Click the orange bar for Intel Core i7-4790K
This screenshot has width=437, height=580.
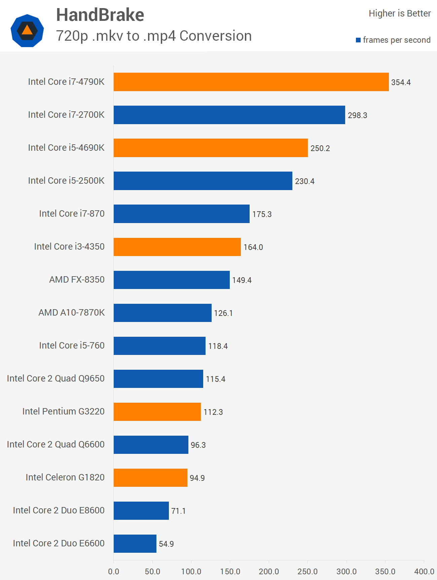pos(251,82)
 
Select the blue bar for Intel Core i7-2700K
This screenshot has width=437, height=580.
pos(229,115)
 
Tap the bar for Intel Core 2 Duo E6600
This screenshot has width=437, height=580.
pos(135,544)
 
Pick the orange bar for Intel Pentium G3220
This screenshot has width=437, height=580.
pos(157,412)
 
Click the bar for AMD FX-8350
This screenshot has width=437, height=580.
pos(172,280)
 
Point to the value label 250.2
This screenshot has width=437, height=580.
pos(320,148)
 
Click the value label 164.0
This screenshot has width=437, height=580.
pos(253,247)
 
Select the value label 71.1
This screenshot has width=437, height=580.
pos(178,511)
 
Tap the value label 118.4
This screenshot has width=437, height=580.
pos(218,346)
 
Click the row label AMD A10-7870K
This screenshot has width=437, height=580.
pos(72,313)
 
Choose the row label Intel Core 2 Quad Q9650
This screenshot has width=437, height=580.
pos(56,378)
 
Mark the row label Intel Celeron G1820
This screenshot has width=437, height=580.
pos(65,477)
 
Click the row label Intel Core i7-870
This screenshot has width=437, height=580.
pos(72,214)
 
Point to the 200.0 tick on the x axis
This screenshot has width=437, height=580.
pos(269,572)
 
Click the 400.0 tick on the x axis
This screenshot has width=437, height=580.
pos(424,572)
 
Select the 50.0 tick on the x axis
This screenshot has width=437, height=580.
pos(152,572)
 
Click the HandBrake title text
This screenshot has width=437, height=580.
pos(100,15)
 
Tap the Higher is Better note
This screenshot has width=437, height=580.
pos(400,13)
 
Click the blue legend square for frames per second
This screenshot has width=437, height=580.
pos(358,40)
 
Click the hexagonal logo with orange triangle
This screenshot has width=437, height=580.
pos(27,31)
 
